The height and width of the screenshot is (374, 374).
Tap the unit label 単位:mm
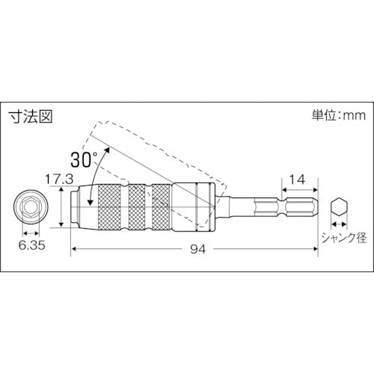coord(338,115)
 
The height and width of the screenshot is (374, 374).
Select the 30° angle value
coord(84,159)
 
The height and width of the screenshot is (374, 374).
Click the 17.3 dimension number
coord(59,179)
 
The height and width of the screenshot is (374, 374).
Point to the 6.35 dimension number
coord(31,245)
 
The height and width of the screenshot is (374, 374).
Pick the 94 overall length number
coord(198,249)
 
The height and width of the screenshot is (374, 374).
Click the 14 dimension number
coord(297,180)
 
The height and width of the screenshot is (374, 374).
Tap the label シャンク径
coord(344,238)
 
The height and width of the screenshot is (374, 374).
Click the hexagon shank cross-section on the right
coord(339,207)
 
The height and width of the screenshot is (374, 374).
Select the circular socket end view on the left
coord(31,207)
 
